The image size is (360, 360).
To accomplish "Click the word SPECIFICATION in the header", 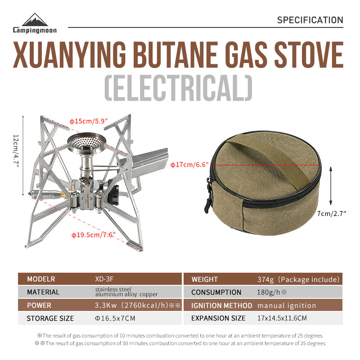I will coord(310,20).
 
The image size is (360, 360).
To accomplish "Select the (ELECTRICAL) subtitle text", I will coord(179,89).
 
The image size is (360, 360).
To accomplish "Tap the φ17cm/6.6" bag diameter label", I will coord(189,165).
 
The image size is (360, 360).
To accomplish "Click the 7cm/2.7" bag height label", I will coord(331,214).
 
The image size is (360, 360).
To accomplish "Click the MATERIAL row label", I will coord(43,292).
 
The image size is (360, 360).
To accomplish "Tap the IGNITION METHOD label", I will coord(221,305).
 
